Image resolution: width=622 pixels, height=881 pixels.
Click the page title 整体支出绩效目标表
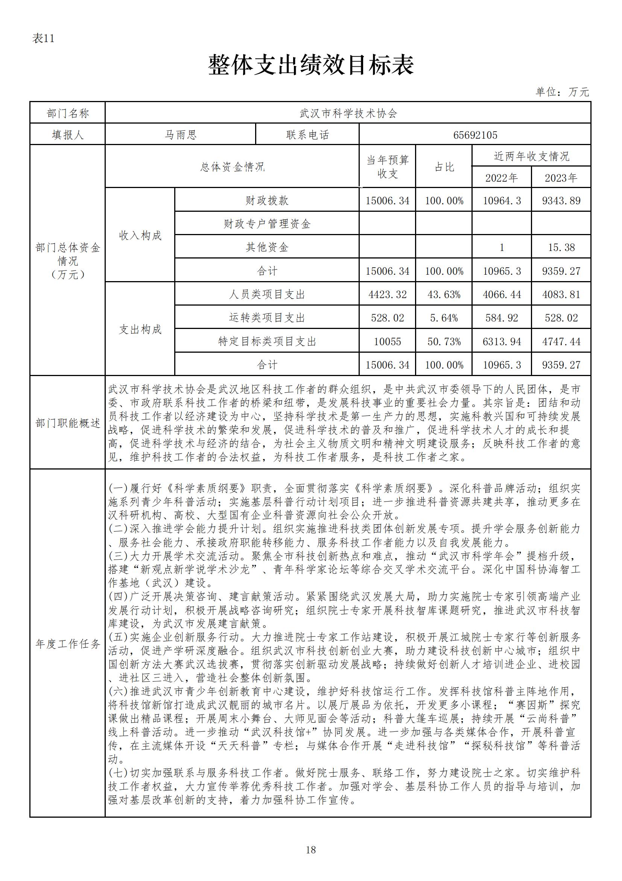pyautogui.click(x=311, y=65)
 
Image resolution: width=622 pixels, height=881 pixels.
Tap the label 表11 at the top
pyautogui.click(x=43, y=38)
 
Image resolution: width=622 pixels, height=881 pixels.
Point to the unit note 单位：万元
pyautogui.click(x=562, y=92)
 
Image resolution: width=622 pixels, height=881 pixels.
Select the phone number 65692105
pyautogui.click(x=475, y=135)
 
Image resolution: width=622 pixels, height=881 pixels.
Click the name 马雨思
pyautogui.click(x=180, y=135)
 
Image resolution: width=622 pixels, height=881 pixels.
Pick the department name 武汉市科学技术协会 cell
pyautogui.click(x=348, y=113)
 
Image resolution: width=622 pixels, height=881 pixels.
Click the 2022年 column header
pyautogui.click(x=501, y=177)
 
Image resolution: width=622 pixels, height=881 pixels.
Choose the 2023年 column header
pyautogui.click(x=561, y=177)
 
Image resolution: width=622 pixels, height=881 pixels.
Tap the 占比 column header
pyautogui.click(x=444, y=167)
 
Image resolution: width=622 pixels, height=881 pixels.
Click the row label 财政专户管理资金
pyautogui.click(x=267, y=224)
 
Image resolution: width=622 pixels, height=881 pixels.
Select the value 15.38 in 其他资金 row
pyautogui.click(x=561, y=248)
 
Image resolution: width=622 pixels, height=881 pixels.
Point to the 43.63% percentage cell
pyautogui.click(x=444, y=295)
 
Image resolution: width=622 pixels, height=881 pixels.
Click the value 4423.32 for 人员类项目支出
pyautogui.click(x=387, y=295)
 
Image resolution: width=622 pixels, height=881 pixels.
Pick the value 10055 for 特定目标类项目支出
pyautogui.click(x=387, y=341)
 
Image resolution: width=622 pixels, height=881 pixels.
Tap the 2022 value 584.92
pyautogui.click(x=501, y=318)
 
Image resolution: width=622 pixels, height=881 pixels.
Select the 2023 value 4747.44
pyautogui.click(x=561, y=341)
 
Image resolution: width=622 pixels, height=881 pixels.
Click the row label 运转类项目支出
pyautogui.click(x=267, y=318)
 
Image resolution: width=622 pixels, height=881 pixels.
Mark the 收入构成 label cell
pyautogui.click(x=140, y=235)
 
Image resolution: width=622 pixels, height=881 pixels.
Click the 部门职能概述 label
pyautogui.click(x=67, y=423)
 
